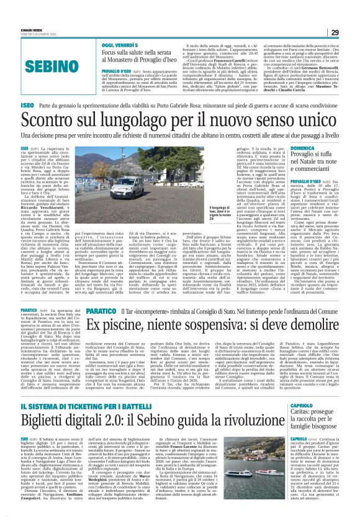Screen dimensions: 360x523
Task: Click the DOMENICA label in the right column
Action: tap(307, 148)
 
